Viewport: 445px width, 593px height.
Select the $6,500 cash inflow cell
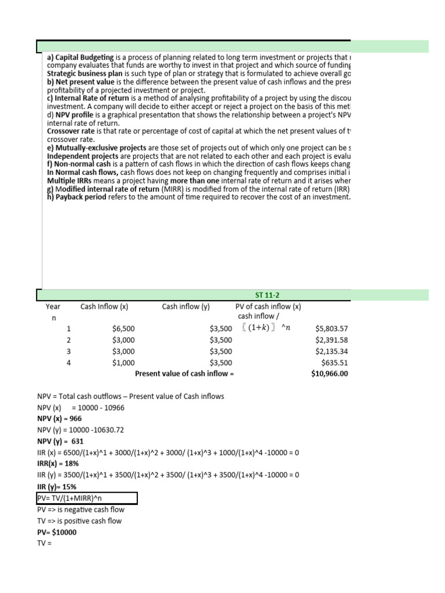click(123, 329)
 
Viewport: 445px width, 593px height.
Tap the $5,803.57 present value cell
click(331, 329)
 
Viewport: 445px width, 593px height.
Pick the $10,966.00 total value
click(330, 374)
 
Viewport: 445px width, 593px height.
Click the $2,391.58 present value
click(331, 340)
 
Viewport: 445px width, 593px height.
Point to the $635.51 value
click(335, 363)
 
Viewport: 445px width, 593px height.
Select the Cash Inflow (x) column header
click(104, 307)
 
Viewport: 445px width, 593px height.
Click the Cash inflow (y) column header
click(185, 307)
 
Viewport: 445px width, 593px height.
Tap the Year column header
click(53, 307)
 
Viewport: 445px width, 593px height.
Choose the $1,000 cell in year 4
click(123, 363)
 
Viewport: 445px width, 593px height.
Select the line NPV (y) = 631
click(60, 441)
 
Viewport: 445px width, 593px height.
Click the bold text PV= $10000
click(57, 532)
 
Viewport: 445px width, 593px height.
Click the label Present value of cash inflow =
click(184, 374)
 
